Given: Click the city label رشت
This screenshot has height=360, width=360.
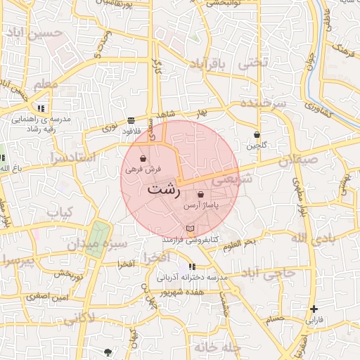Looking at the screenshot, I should point(165,191).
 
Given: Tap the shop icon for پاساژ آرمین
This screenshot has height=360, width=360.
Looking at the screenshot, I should point(201,195).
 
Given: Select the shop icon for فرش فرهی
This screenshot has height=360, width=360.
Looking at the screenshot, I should point(143,158).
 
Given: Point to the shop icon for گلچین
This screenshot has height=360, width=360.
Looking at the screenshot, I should point(257,134).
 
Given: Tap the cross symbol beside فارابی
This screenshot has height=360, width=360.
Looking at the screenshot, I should point(314,309).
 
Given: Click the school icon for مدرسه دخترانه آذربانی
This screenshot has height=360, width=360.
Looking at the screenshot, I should point(192,267).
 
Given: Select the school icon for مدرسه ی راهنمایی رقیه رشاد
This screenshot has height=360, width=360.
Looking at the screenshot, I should point(41,109).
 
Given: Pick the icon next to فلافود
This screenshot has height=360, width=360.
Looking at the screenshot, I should point(131,120).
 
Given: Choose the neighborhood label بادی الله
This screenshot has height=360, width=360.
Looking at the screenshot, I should point(310,239).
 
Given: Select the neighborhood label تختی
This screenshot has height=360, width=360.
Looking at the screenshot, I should point(254,62).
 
